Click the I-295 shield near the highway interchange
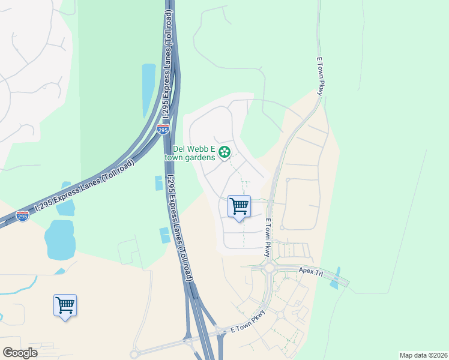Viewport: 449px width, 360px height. [163, 128]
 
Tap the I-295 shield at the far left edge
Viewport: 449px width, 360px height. [23, 215]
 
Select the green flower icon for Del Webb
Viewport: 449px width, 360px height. [224, 152]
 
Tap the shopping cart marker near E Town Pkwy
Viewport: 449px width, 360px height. [240, 207]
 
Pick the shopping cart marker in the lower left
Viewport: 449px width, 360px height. [65, 305]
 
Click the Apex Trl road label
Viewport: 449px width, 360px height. [310, 271]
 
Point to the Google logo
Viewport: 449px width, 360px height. [20, 353]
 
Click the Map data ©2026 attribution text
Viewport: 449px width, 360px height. [423, 355]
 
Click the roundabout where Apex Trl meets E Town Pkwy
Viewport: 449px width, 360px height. [268, 268]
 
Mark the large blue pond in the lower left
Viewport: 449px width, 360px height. [59, 239]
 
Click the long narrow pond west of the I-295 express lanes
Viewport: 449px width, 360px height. [148, 90]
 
